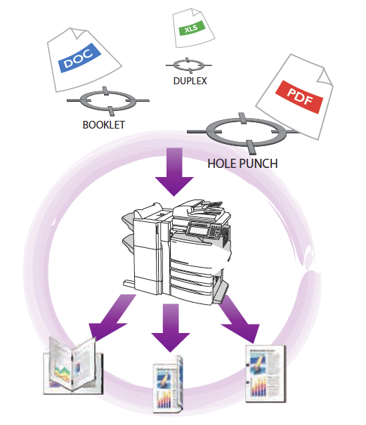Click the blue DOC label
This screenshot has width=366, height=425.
79,58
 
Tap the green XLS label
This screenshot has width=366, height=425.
191,27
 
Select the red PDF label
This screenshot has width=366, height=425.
299,97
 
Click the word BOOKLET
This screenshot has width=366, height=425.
103,125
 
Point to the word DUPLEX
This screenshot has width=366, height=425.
190,81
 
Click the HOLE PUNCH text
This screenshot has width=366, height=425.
242,164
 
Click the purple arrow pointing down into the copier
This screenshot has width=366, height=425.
174,171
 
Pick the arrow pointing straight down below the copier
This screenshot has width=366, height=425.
171,327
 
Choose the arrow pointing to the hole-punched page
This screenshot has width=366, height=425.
240,318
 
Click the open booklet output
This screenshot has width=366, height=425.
73,365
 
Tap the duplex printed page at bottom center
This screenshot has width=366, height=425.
168,384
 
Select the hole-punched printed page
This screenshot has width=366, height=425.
266,374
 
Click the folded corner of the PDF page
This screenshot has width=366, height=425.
325,77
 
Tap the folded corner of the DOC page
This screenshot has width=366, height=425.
78,32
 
